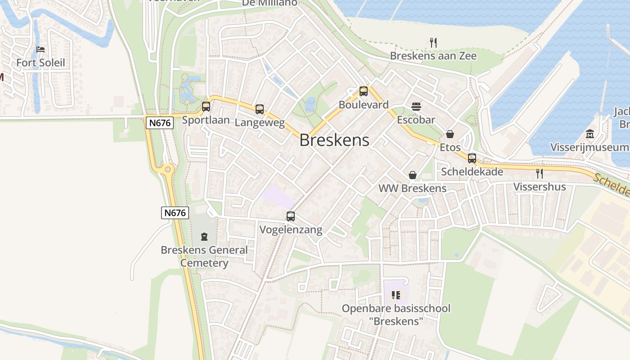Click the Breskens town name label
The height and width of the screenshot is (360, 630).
(334, 140)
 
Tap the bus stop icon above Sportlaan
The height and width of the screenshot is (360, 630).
(206, 107)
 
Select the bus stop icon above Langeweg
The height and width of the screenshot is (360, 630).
(260, 109)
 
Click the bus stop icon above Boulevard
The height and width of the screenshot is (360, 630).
(363, 91)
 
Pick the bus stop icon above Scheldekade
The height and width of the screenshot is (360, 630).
(472, 158)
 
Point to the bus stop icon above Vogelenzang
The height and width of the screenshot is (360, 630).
(291, 216)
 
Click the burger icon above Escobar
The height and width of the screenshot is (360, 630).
(416, 107)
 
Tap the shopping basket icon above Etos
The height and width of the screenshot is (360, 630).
(450, 134)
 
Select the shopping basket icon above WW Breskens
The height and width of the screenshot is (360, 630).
(412, 175)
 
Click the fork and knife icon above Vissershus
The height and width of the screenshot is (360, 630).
(540, 173)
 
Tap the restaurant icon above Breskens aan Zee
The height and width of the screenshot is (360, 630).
(433, 43)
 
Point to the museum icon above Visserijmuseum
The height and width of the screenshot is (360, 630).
(590, 134)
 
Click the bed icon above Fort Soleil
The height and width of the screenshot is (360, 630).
(40, 49)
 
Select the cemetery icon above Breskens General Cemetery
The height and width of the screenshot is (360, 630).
(204, 236)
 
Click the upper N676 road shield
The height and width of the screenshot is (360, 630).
(159, 122)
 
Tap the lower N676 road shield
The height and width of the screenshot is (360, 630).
(175, 213)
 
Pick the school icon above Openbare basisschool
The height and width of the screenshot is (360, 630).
(396, 295)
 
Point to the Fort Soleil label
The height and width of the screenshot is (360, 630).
(40, 63)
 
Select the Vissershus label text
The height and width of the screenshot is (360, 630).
(540, 187)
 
